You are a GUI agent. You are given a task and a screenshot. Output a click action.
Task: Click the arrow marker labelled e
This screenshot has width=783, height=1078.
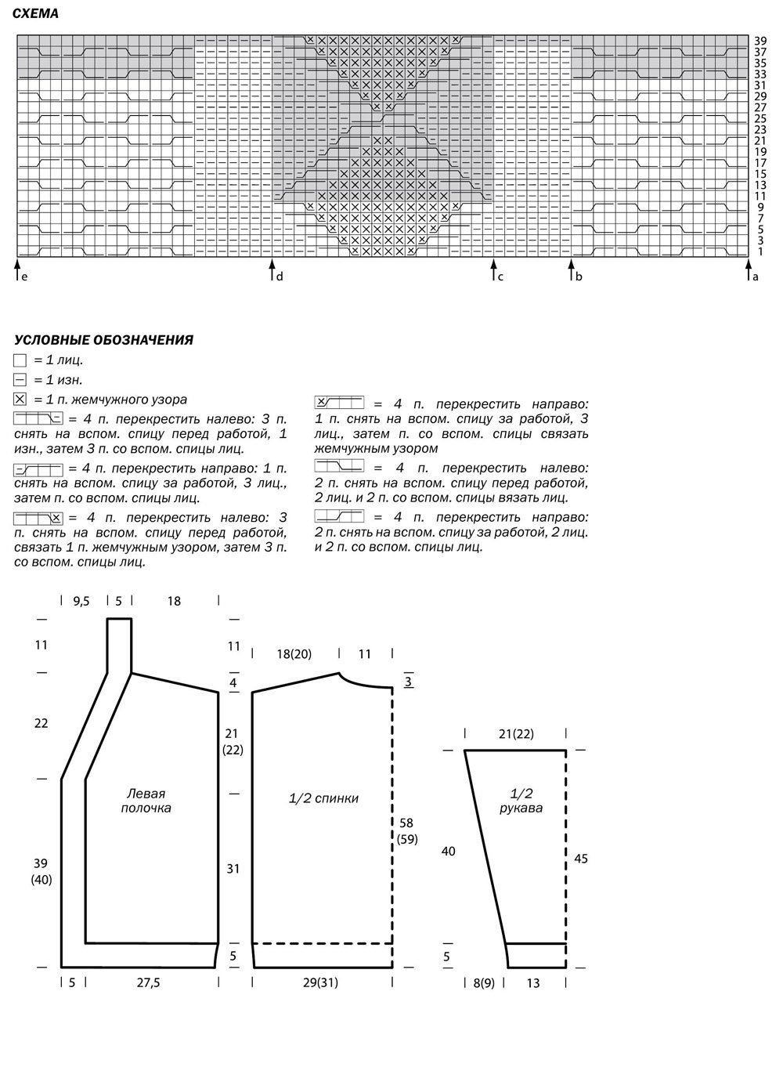coord(17,270)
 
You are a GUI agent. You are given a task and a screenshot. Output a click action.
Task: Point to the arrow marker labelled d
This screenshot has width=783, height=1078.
coord(272,270)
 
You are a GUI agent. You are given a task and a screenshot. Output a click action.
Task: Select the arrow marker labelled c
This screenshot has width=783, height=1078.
coord(493,270)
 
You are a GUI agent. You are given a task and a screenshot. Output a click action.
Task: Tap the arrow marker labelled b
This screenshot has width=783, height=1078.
coord(571,270)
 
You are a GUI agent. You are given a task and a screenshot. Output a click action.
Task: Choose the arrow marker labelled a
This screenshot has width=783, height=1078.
coord(747,270)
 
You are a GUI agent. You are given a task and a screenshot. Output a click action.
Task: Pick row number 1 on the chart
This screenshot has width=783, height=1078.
coord(760,251)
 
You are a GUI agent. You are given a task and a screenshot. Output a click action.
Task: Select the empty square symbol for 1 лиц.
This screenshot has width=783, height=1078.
coord(20,360)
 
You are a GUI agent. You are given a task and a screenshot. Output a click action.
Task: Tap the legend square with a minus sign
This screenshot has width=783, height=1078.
coord(20,380)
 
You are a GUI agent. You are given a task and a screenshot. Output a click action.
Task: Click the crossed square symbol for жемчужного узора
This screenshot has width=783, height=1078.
coord(20,400)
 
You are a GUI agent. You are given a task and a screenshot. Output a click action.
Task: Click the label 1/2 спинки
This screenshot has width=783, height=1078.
coord(323,798)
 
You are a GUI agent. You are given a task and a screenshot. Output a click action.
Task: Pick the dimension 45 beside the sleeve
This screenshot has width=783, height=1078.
coord(581,859)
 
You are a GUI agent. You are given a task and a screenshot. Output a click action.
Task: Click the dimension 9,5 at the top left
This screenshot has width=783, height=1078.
coord(81,601)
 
